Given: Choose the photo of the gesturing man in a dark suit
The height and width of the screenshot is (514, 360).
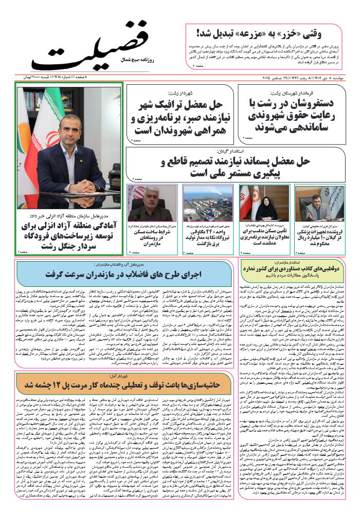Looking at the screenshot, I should tap(313, 203).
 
